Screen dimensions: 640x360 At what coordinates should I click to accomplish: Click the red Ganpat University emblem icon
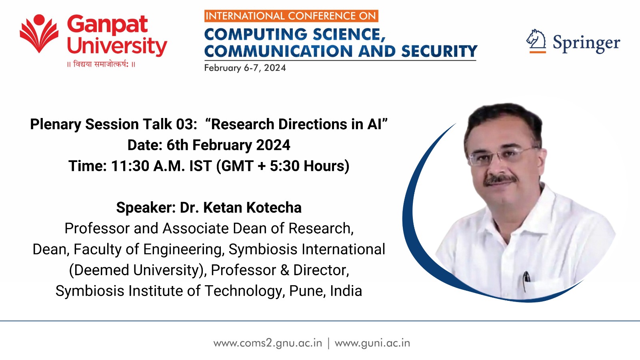pyautogui.click(x=39, y=34)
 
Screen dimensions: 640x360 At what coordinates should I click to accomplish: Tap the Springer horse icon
pyautogui.click(x=536, y=41)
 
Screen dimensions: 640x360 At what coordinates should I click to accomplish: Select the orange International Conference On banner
pyautogui.click(x=291, y=16)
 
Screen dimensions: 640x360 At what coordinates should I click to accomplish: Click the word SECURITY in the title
pyautogui.click(x=439, y=51)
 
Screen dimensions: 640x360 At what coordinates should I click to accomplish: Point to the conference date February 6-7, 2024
pyautogui.click(x=245, y=68)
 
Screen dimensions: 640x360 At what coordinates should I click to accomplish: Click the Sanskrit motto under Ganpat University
pyautogui.click(x=101, y=64)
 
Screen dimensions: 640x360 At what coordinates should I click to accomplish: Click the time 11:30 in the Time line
pyautogui.click(x=130, y=166)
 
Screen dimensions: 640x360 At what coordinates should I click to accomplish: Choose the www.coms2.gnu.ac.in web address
pyautogui.click(x=268, y=343)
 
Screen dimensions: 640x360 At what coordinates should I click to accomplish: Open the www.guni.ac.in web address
pyautogui.click(x=372, y=343)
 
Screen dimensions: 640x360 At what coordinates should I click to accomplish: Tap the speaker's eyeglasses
pyautogui.click(x=503, y=156)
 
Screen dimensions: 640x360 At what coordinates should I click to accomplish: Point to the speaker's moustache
pyautogui.click(x=500, y=180)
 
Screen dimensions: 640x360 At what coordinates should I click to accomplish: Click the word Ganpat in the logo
pyautogui.click(x=108, y=25)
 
